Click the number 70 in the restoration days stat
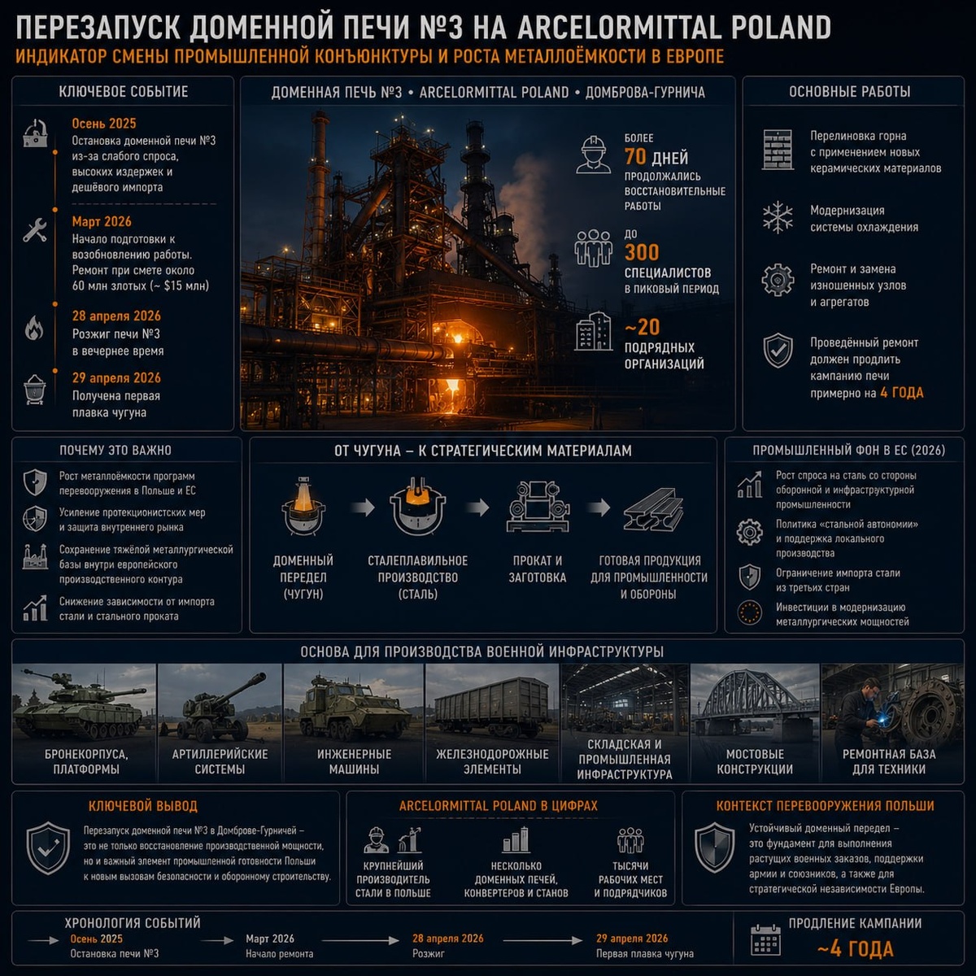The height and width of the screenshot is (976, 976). click(x=635, y=157)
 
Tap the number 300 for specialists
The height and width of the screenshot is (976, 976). click(x=642, y=252)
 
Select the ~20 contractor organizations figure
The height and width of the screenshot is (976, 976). click(x=642, y=327)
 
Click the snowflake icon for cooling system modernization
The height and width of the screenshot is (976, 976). click(x=778, y=218)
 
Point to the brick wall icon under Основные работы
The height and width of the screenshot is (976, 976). click(x=778, y=150)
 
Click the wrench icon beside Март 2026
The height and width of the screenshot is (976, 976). click(x=35, y=230)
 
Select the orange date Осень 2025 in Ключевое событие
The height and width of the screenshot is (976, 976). click(x=104, y=124)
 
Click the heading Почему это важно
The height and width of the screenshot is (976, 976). click(x=115, y=451)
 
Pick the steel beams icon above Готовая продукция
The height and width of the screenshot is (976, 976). click(x=653, y=509)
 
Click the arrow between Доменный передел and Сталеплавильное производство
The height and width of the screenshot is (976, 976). click(x=363, y=507)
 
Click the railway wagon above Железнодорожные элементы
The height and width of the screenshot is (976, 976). click(x=492, y=707)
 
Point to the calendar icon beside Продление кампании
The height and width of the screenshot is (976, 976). click(x=766, y=941)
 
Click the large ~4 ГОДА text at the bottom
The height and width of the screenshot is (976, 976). click(x=856, y=949)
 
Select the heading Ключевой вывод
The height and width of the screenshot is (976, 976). click(x=143, y=806)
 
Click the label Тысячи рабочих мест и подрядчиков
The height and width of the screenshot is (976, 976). click(x=630, y=879)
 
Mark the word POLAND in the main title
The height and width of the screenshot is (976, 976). click(x=782, y=28)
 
